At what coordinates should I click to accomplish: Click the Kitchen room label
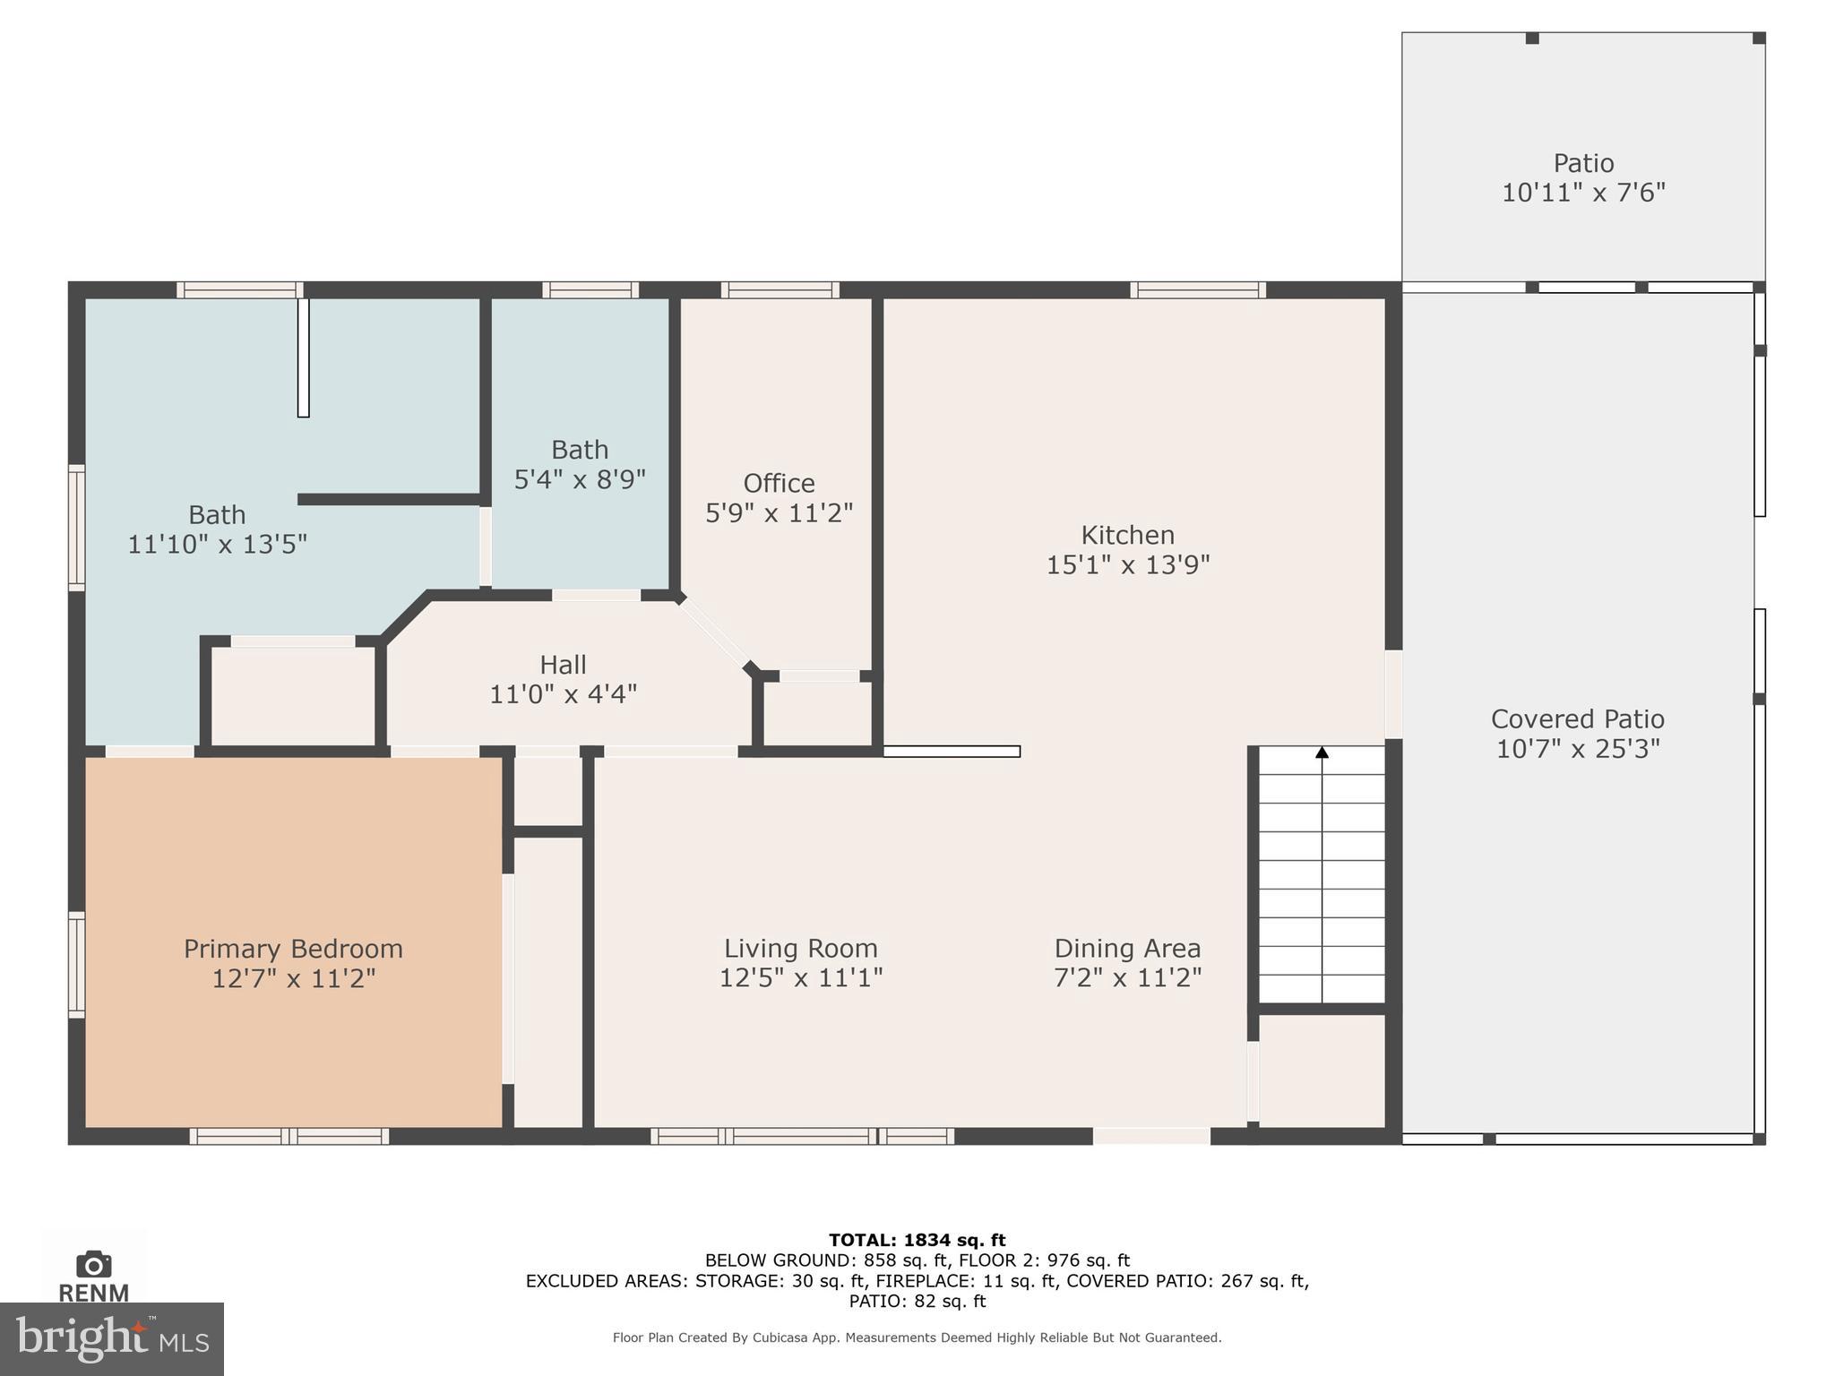click(x=1127, y=536)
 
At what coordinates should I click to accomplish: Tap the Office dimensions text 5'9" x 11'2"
click(x=779, y=513)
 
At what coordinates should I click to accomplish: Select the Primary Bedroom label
click(x=293, y=949)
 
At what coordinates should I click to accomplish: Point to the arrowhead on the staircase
click(x=1322, y=753)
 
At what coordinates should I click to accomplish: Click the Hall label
click(x=563, y=665)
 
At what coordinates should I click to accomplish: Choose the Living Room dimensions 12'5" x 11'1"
click(x=801, y=977)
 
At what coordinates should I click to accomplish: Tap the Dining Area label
click(x=1127, y=948)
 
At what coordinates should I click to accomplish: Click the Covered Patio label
click(x=1577, y=719)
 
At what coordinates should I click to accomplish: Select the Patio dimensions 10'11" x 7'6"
click(x=1583, y=193)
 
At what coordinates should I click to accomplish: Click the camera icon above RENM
click(x=93, y=1264)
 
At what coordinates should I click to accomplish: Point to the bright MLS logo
click(x=112, y=1338)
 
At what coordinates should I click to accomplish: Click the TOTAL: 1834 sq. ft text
click(x=917, y=1240)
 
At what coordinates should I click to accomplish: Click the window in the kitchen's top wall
click(x=1197, y=290)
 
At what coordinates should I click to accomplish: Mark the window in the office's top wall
click(x=780, y=290)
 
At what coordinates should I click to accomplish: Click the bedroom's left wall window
click(x=77, y=965)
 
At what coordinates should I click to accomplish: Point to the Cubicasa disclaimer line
click(x=917, y=1337)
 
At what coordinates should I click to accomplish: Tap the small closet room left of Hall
click(x=293, y=695)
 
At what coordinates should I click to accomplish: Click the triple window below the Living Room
click(x=802, y=1136)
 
